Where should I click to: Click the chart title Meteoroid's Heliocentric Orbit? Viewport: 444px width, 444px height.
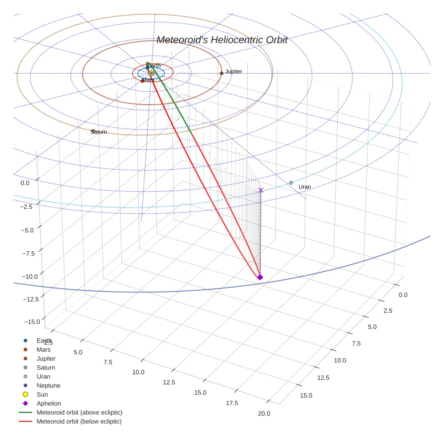[x=222, y=40]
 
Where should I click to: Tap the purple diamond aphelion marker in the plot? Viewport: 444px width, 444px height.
[x=260, y=277]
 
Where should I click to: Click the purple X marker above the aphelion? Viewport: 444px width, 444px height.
[x=261, y=190]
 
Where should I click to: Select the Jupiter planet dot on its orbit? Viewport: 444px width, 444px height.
[x=222, y=74]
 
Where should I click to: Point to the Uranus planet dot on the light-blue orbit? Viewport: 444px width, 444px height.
[x=291, y=183]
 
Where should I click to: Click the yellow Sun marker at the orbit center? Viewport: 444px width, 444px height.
[x=151, y=74]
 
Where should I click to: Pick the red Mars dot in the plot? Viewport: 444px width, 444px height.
[x=143, y=81]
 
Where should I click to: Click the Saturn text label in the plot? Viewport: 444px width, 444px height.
[x=99, y=132]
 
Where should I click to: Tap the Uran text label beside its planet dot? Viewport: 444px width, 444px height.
[x=305, y=187]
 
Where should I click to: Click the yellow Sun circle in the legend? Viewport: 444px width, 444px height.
[x=25, y=394]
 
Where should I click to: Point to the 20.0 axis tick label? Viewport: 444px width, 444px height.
[x=264, y=413]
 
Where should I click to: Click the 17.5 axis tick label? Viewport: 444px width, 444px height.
[x=232, y=403]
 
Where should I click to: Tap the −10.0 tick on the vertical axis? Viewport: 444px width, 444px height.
[x=30, y=277]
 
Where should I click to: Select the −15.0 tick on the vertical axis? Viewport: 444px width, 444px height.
[x=32, y=322]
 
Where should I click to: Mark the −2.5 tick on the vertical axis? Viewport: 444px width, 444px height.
[x=26, y=207]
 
